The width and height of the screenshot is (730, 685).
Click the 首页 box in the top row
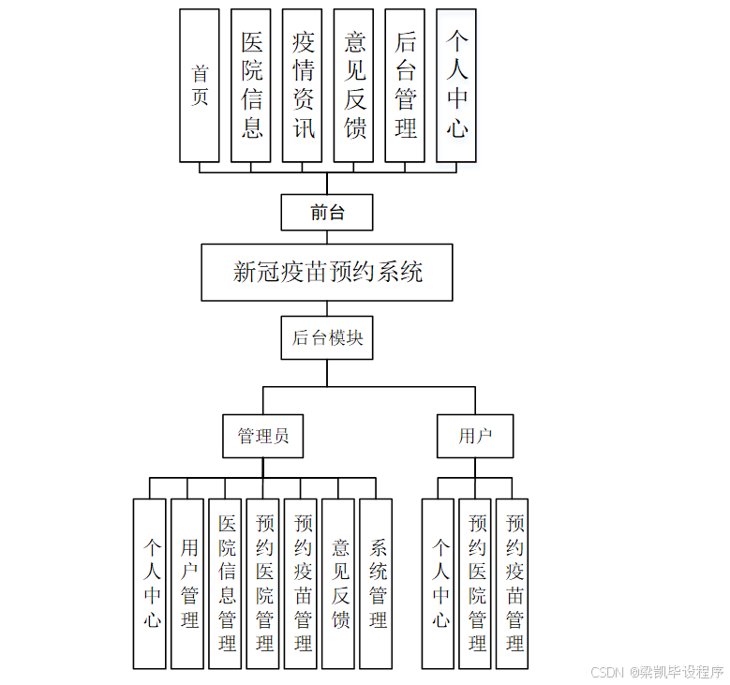(200, 85)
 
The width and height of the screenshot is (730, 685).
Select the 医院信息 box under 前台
(251, 85)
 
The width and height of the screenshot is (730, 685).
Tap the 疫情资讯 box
(303, 85)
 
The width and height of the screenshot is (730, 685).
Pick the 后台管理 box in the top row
(405, 85)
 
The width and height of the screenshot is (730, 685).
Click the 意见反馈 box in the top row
(354, 85)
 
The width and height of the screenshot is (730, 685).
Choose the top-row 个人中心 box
(456, 85)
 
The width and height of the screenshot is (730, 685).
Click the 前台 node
(327, 213)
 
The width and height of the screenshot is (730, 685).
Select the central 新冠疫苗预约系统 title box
(327, 273)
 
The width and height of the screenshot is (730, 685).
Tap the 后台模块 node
(327, 337)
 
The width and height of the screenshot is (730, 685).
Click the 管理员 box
(263, 436)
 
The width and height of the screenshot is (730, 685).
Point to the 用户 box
(475, 436)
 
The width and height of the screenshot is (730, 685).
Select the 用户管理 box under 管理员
(187, 583)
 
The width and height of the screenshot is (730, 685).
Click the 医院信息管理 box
(225, 583)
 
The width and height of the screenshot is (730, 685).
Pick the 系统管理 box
(376, 583)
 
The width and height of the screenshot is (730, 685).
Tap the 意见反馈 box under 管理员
(338, 583)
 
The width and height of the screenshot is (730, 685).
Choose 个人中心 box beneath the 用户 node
(438, 583)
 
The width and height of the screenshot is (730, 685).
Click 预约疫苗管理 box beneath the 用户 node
(512, 583)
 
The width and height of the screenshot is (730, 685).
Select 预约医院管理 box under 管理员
(263, 583)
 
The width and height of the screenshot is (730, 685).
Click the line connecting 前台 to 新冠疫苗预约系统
(327, 237)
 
